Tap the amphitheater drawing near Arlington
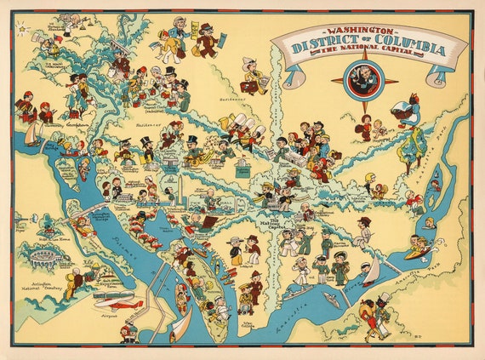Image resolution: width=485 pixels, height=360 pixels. click(46, 256)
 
